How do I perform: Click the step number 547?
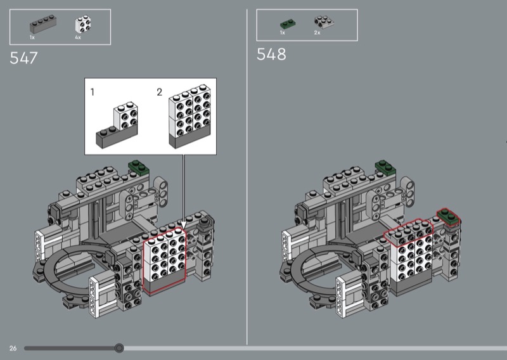click(x=23, y=58)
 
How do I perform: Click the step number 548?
click(x=271, y=54)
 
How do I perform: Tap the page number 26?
click(x=13, y=348)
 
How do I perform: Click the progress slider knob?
click(x=119, y=348)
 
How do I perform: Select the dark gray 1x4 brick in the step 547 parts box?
click(x=43, y=24)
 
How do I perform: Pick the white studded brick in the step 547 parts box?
click(x=83, y=24)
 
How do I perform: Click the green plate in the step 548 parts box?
click(x=288, y=24)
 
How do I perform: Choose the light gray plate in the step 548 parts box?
click(x=324, y=22)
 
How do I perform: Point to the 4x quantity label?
click(x=78, y=37)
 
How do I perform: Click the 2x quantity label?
click(x=318, y=33)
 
